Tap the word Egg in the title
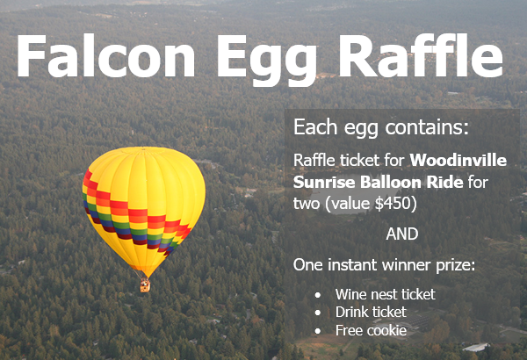[x=267, y=60]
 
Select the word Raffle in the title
[x=421, y=54]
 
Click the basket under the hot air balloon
[x=145, y=285]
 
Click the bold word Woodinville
[x=458, y=160]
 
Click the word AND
[x=402, y=234]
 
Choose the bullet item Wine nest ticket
[x=386, y=294]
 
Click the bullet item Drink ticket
[x=371, y=313]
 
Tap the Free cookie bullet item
[x=371, y=330]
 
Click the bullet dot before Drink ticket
[x=318, y=313]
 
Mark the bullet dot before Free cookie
[x=318, y=331]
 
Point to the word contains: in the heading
[x=427, y=127]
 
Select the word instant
[x=352, y=265]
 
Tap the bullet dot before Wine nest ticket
[x=318, y=295]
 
